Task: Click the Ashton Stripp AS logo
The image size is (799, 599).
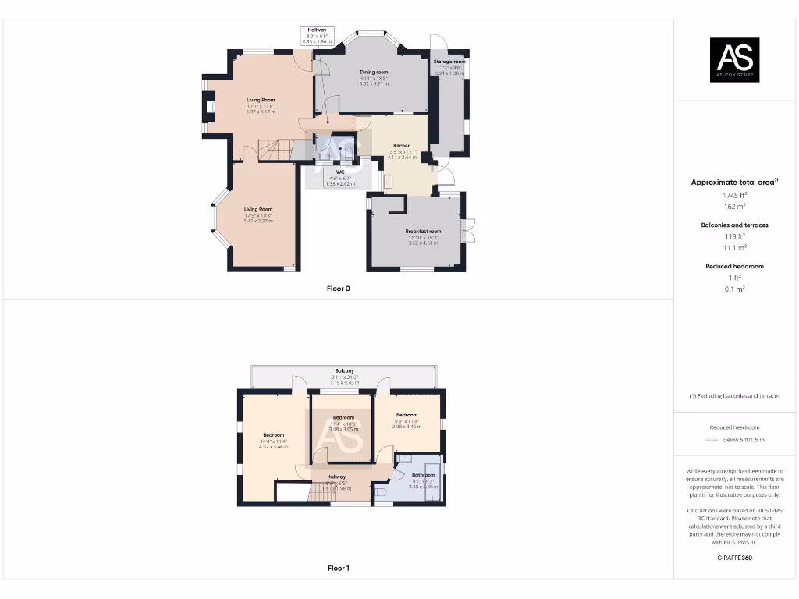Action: (x=734, y=60)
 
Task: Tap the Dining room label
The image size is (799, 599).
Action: (x=374, y=72)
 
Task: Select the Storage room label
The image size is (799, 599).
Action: (x=449, y=61)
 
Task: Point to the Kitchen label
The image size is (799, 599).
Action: (x=402, y=146)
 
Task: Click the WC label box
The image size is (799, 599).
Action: (x=340, y=178)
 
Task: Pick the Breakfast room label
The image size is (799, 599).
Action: (x=423, y=232)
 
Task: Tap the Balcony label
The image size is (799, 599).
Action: (x=344, y=370)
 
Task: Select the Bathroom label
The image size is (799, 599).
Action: (x=424, y=474)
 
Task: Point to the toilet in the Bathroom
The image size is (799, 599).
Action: (x=382, y=493)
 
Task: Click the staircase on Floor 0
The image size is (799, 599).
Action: (x=273, y=148)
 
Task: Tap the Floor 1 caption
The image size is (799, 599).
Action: (x=339, y=569)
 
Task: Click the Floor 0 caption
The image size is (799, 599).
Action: (x=339, y=289)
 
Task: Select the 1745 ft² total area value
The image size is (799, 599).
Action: (x=734, y=195)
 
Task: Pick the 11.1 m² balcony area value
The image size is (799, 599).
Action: (x=734, y=247)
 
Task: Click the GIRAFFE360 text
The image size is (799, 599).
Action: (x=734, y=558)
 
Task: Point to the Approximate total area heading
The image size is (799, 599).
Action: (x=734, y=182)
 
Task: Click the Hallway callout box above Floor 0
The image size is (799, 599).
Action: (x=317, y=35)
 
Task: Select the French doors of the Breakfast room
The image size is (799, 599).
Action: (x=468, y=231)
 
